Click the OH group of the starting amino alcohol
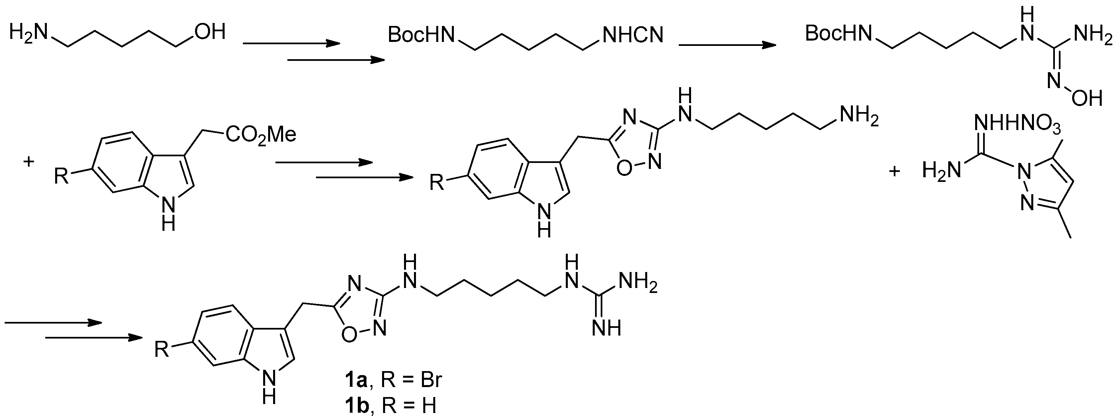pyautogui.click(x=210, y=32)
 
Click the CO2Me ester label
pyautogui.click(x=260, y=135)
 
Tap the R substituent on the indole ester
pyautogui.click(x=61, y=177)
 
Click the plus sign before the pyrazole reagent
pyautogui.click(x=894, y=171)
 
